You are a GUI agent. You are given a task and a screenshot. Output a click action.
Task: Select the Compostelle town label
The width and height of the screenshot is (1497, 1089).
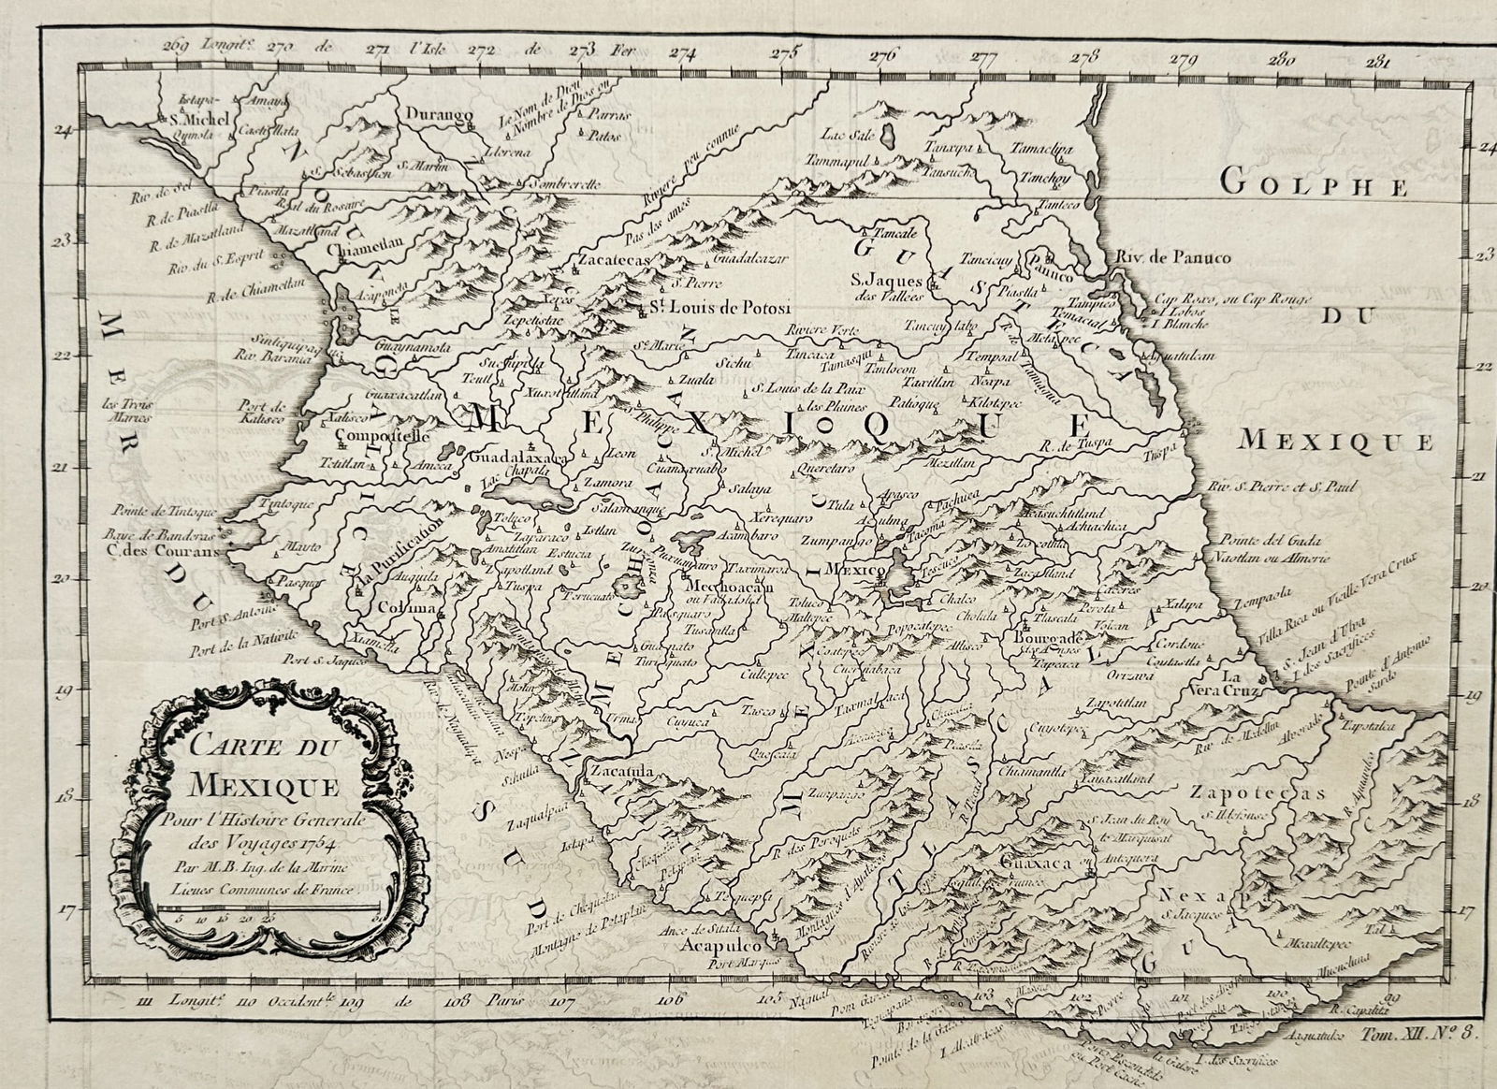pyautogui.click(x=381, y=436)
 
